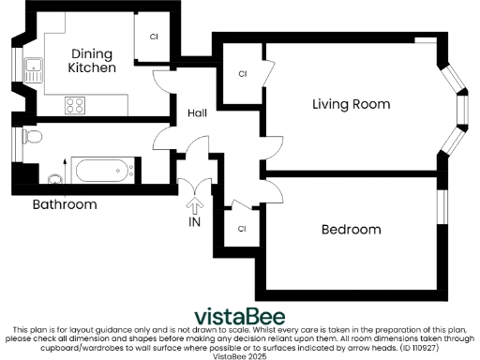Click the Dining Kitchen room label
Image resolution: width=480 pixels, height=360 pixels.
[92, 61]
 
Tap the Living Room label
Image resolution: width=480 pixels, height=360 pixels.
[351, 103]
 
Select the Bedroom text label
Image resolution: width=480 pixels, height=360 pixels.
[351, 230]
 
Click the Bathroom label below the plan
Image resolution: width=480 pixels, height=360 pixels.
[65, 203]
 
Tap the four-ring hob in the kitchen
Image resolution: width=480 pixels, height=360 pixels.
[76, 106]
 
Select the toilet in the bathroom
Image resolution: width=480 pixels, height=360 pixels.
[33, 137]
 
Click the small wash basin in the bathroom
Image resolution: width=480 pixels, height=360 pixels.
[54, 179]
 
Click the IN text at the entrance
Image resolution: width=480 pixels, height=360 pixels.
[195, 222]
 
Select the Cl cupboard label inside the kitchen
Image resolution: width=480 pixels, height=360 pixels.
[153, 37]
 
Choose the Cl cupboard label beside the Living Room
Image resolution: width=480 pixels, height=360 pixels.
[242, 73]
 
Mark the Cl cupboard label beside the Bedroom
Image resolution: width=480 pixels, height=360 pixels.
[242, 228]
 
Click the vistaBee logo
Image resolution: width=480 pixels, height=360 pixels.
[239, 315]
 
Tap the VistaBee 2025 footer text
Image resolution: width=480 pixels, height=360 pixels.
[239, 356]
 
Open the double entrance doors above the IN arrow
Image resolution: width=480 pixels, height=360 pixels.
[195, 184]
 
